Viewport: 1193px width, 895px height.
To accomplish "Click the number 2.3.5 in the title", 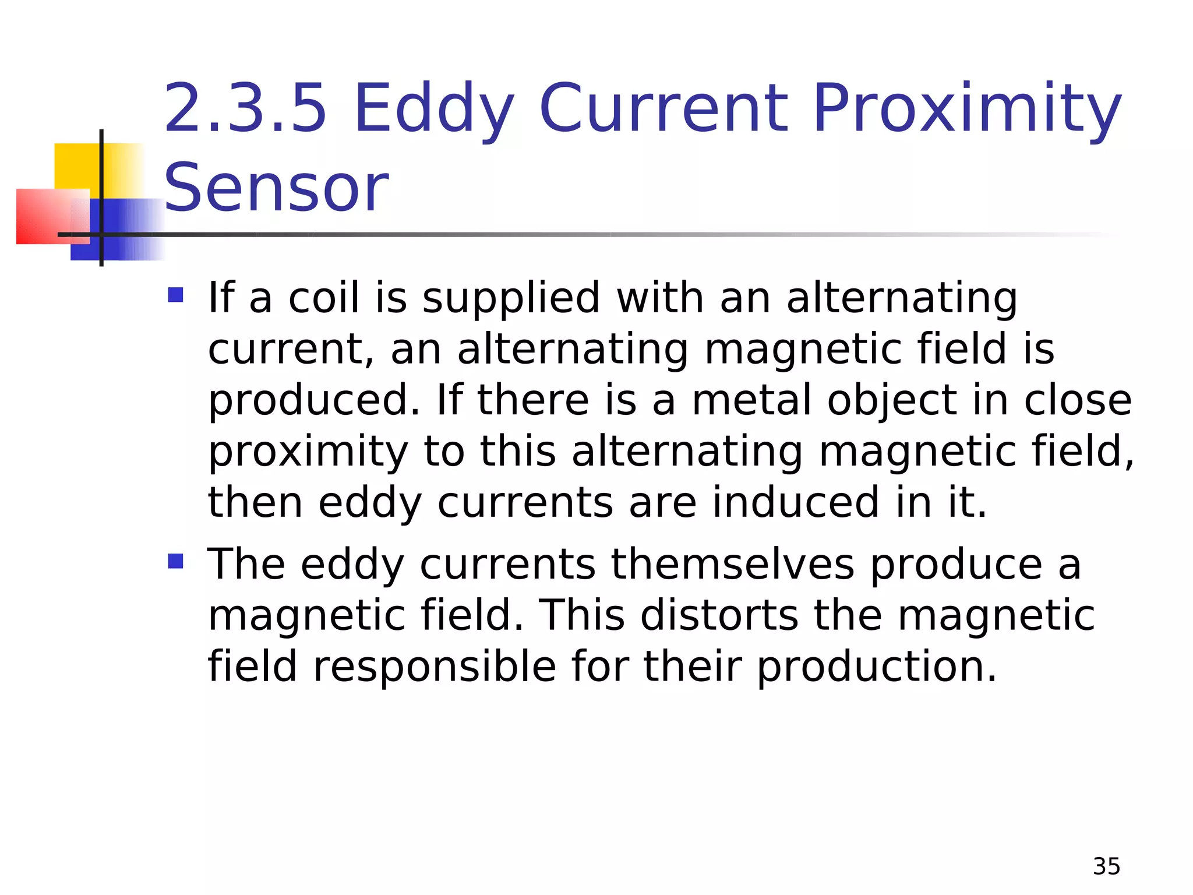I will (x=245, y=108).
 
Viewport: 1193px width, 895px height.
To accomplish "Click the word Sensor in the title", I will (x=276, y=188).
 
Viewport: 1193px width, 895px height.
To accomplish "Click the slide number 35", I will (x=1106, y=866).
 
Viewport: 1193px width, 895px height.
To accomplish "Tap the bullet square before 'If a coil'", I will (x=175, y=295).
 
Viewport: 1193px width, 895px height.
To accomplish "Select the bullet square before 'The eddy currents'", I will (x=175, y=561).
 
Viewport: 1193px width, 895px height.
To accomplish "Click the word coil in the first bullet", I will (x=323, y=297).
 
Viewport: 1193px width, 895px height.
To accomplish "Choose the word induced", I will (x=795, y=502).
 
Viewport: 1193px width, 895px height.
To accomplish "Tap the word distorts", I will (x=719, y=615).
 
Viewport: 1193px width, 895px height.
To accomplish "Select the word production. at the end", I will (x=877, y=668).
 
